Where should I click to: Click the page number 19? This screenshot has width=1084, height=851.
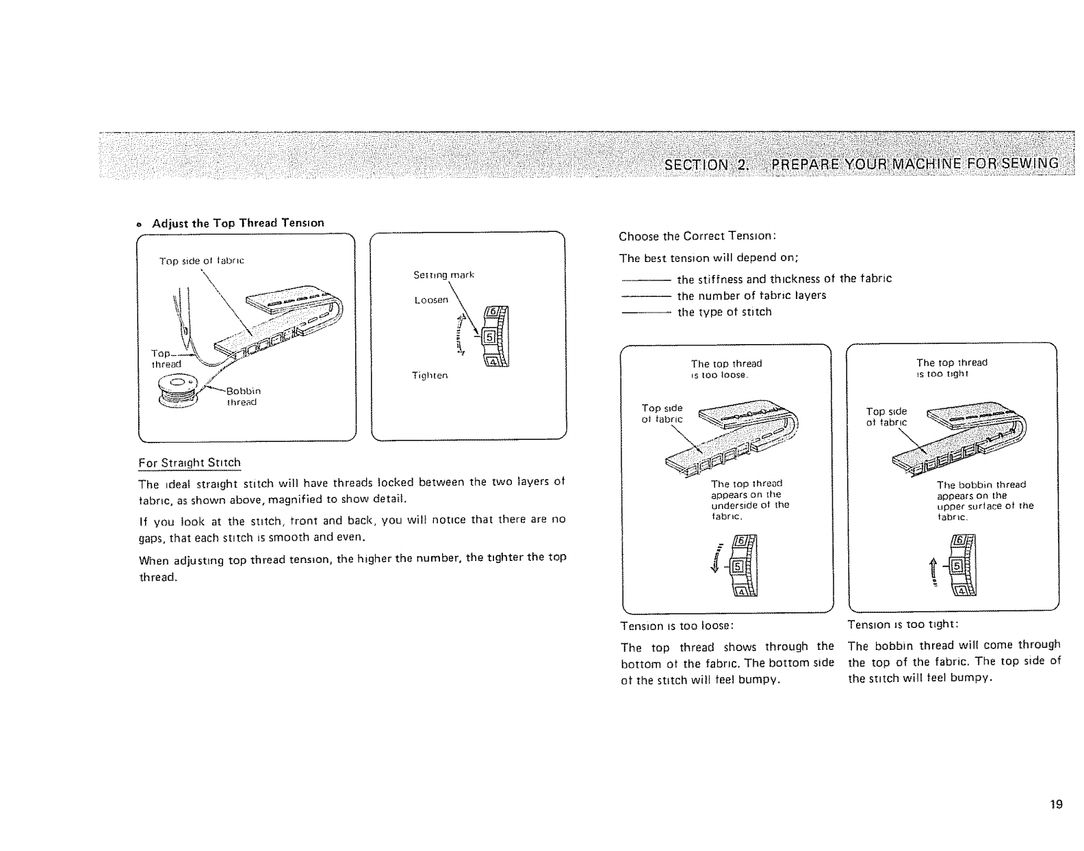click(1057, 804)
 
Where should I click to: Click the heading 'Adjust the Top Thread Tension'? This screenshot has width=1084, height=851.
click(237, 223)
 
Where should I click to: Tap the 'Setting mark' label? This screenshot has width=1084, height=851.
click(443, 275)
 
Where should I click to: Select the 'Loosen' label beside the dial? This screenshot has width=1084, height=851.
click(431, 300)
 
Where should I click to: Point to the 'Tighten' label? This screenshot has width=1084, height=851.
click(430, 376)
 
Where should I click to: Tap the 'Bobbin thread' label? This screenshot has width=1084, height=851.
click(241, 397)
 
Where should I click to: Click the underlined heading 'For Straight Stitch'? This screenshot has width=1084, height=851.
click(190, 463)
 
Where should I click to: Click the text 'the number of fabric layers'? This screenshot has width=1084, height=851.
click(751, 296)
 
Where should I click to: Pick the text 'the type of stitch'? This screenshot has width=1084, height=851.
click(724, 312)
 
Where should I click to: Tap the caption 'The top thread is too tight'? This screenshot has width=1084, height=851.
click(951, 368)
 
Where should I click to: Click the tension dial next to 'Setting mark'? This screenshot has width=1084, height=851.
click(496, 338)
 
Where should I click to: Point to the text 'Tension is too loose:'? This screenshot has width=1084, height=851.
click(677, 625)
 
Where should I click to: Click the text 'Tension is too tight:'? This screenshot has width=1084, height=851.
click(903, 625)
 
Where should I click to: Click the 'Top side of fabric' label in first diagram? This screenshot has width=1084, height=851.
click(201, 261)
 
